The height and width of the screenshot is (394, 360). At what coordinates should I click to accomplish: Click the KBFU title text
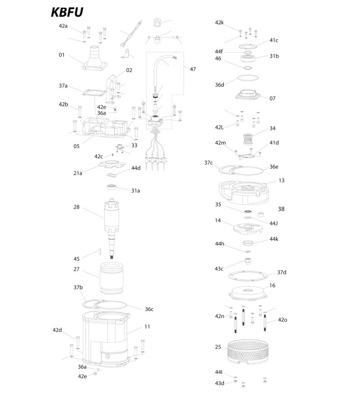(67, 12)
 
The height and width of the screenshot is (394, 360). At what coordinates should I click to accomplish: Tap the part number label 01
(61, 55)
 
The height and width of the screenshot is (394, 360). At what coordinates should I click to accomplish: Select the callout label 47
(193, 69)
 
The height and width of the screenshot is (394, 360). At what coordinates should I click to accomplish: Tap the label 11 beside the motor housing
(148, 326)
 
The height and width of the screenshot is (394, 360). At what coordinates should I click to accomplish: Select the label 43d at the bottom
(219, 383)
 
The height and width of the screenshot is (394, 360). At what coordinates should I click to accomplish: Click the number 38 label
(281, 209)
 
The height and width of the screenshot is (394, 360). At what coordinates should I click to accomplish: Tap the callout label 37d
(282, 272)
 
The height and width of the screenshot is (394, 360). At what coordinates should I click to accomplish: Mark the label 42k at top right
(219, 22)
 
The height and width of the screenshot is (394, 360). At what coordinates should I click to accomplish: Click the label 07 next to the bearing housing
(272, 98)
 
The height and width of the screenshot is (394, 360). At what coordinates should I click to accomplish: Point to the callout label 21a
(78, 173)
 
